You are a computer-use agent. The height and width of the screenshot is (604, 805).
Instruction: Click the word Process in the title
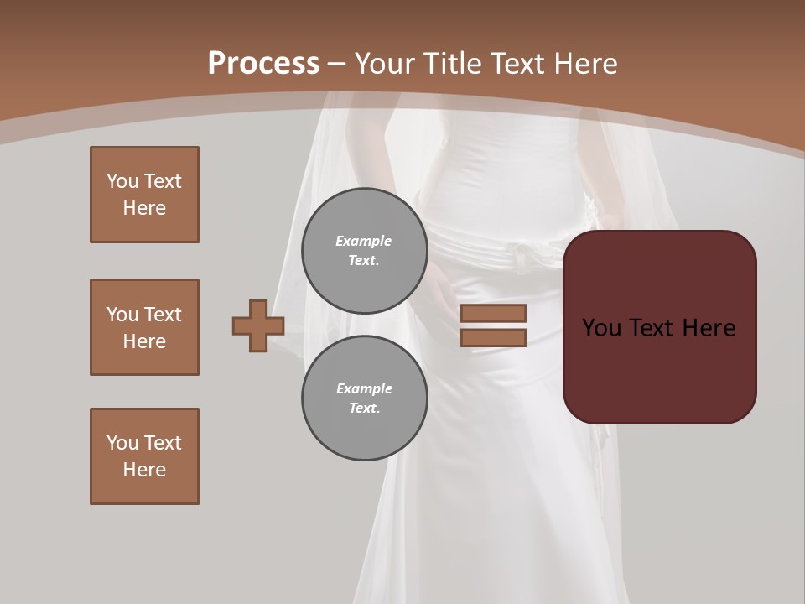(263, 64)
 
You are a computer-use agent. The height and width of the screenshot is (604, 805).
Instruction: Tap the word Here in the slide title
(581, 64)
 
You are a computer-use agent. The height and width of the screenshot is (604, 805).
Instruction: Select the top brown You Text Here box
(144, 195)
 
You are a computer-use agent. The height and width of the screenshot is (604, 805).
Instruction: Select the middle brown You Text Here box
(144, 327)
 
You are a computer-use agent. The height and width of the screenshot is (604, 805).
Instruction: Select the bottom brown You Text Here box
(144, 456)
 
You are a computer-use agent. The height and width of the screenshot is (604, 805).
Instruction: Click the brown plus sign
(258, 325)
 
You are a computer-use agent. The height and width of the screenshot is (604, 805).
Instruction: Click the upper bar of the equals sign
(493, 313)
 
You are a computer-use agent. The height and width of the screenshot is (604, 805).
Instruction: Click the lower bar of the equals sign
(493, 338)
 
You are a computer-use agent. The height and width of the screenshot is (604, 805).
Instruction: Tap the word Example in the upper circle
(363, 241)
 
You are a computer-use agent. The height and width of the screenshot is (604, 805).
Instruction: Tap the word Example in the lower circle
(364, 388)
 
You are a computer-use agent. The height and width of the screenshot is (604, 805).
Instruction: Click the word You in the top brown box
(122, 181)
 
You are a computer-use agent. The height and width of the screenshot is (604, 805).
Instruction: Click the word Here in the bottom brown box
(144, 470)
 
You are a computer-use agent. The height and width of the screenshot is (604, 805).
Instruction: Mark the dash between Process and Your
(336, 64)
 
